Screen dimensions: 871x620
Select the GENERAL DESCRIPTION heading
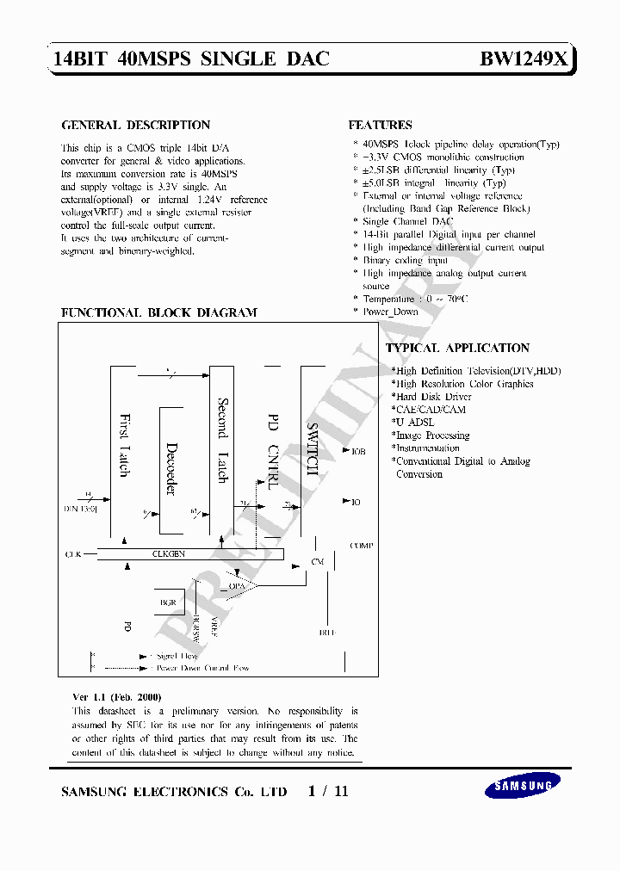[136, 126]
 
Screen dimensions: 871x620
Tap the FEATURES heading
[380, 126]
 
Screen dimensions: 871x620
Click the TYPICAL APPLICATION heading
[457, 349]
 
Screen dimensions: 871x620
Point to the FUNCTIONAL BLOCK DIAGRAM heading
[158, 313]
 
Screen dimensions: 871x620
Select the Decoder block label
[170, 468]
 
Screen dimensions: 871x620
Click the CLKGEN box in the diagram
[169, 554]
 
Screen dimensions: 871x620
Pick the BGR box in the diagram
[168, 602]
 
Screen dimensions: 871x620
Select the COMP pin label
[362, 546]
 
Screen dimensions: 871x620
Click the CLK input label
[73, 554]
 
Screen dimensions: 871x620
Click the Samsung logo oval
[522, 784]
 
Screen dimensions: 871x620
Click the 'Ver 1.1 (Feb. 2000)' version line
[116, 696]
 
